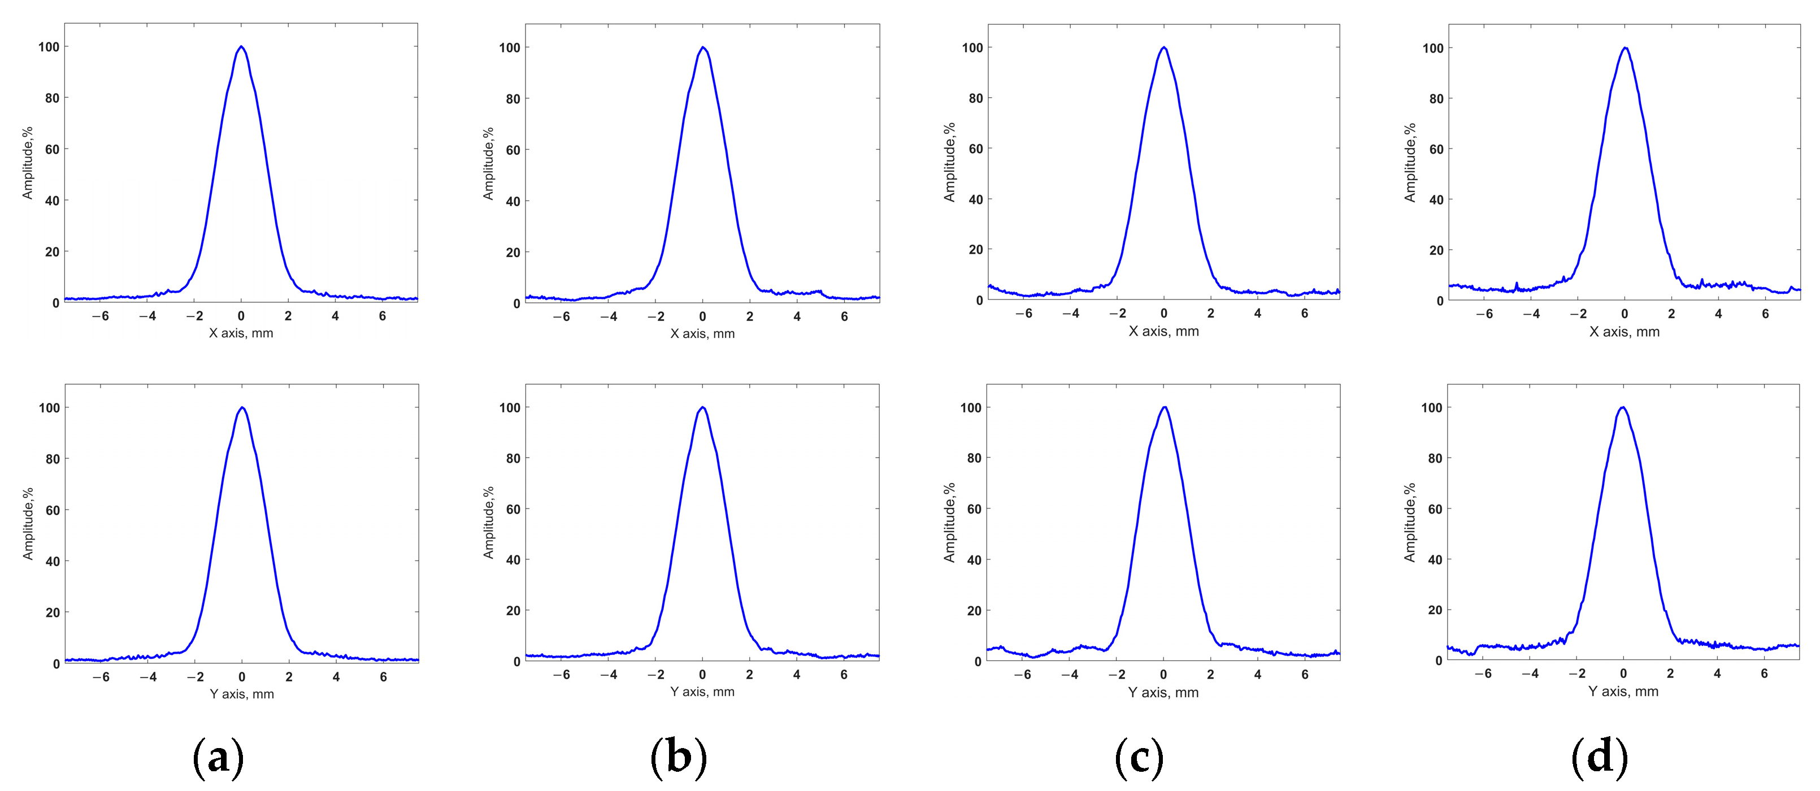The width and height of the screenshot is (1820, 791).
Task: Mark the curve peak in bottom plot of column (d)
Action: pos(1623,407)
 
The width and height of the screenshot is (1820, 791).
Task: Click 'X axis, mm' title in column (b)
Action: pos(702,333)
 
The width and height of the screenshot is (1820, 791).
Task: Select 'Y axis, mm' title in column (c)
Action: pos(1163,693)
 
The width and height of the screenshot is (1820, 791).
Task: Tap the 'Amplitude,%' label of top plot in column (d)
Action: pos(1410,163)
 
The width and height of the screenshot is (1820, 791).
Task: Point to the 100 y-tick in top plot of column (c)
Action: pos(972,47)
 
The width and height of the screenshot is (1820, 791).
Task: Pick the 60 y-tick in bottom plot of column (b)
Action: pos(513,509)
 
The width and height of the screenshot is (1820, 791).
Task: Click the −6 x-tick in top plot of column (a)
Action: pos(101,316)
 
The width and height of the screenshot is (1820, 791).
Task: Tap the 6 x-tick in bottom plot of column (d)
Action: pos(1763,673)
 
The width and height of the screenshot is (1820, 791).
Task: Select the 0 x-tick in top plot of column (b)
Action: pos(702,316)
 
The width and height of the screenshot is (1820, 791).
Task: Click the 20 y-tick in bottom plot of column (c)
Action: pos(974,611)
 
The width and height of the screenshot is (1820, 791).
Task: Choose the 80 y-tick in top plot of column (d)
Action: pos(1436,99)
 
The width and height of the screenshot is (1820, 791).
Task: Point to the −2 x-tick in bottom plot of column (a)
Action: pos(194,677)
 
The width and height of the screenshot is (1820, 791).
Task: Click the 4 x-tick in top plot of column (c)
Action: pos(1258,313)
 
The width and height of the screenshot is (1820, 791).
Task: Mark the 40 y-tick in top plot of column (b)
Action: pos(513,201)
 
